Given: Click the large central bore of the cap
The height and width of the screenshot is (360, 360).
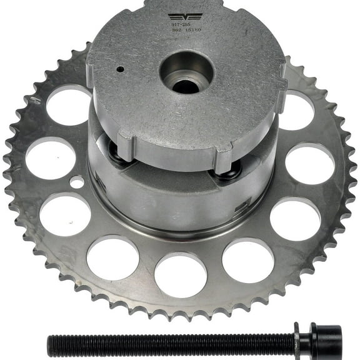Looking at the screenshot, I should [x=186, y=74].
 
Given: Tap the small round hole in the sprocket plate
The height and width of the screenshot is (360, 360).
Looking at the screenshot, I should [x=77, y=182].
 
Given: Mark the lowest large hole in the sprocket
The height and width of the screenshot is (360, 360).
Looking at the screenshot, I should [x=180, y=274].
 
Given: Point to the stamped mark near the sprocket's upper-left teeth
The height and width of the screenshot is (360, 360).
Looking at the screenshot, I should [x=36, y=100].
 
